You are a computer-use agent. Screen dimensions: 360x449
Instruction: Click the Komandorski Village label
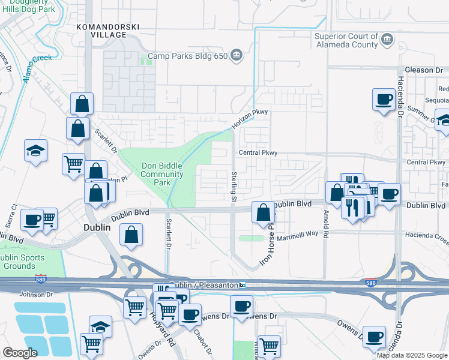[101, 31]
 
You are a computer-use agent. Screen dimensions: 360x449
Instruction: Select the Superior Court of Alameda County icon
[388, 40]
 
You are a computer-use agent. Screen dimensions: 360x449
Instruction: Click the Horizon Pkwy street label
[250, 120]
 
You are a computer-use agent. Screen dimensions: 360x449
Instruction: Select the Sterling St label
[235, 186]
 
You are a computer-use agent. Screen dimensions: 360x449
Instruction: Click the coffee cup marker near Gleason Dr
[384, 100]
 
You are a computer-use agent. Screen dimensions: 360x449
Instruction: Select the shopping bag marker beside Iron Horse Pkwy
[263, 212]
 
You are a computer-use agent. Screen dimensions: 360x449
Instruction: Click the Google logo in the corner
[20, 353]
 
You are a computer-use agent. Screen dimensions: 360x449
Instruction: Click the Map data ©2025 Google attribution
[412, 355]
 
